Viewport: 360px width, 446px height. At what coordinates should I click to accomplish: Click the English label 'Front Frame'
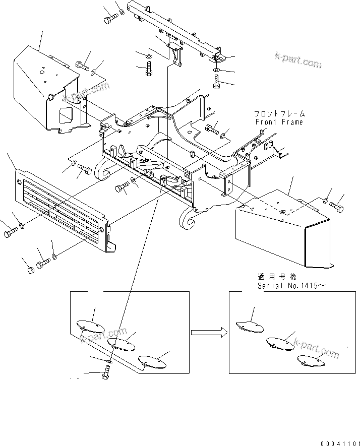(279, 122)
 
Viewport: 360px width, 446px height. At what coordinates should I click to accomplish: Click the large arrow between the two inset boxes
(208, 332)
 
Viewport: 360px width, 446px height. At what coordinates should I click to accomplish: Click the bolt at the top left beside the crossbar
(110, 20)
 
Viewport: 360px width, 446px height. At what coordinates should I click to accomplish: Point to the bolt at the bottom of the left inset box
(106, 374)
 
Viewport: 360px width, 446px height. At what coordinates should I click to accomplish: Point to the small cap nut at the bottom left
(30, 270)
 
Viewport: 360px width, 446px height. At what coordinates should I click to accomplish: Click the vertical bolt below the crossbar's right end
(217, 81)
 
